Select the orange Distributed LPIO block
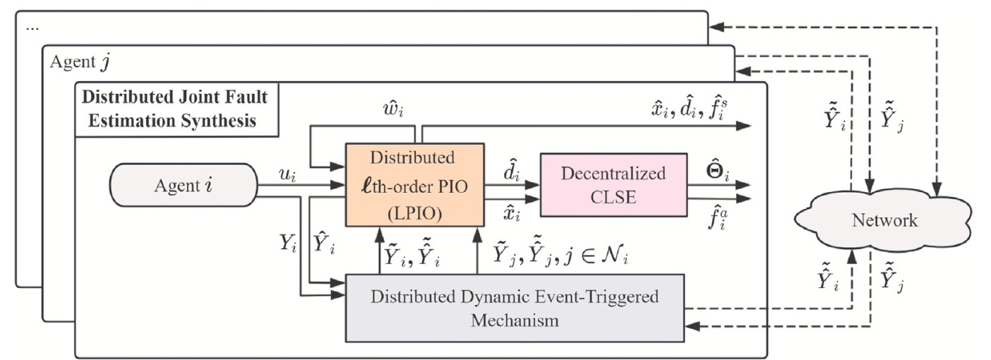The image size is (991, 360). coord(414,184)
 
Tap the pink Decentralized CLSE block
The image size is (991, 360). coord(613,184)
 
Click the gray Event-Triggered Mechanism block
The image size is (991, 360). coord(515,308)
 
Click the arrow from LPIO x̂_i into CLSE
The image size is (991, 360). coord(512,199)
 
